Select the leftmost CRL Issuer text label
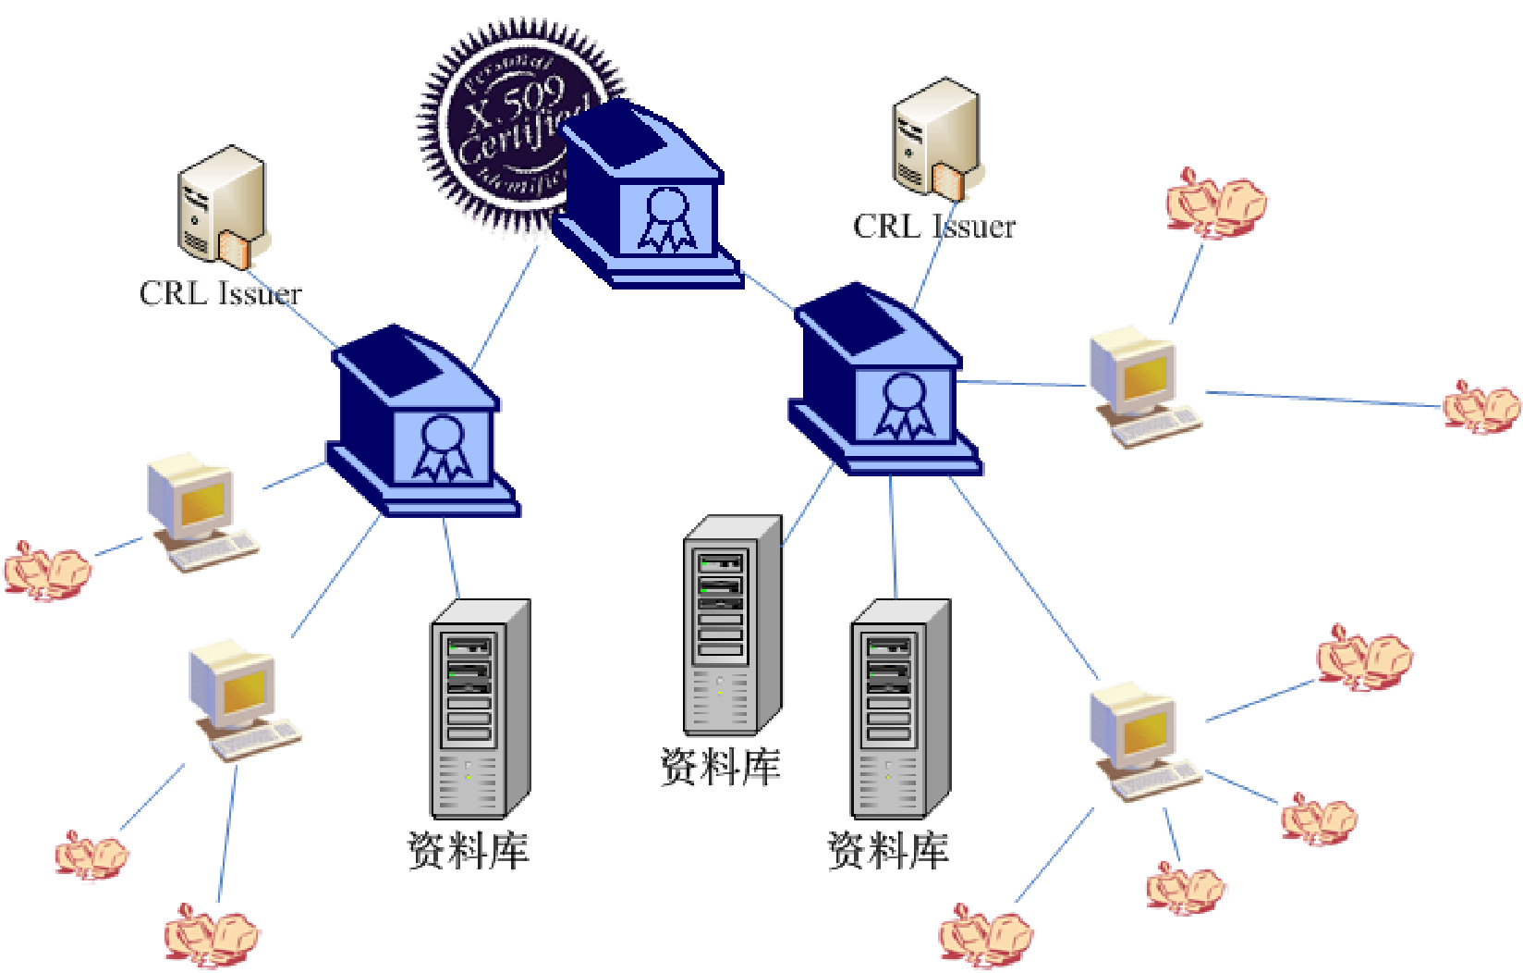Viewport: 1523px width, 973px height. pyautogui.click(x=220, y=293)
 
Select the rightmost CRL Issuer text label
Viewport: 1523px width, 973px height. pyautogui.click(x=933, y=227)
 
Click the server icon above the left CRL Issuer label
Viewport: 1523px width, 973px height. pyautogui.click(x=222, y=204)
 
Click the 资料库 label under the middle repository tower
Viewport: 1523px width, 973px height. pyautogui.click(x=720, y=767)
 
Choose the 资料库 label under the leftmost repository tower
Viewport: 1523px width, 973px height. pyautogui.click(x=469, y=850)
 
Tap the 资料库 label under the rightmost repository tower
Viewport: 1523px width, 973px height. pyautogui.click(x=887, y=850)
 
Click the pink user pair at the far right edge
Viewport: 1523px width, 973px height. pyautogui.click(x=1481, y=406)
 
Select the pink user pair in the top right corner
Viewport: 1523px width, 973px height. pyautogui.click(x=1215, y=203)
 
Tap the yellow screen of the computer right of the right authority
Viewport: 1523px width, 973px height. pyautogui.click(x=1145, y=376)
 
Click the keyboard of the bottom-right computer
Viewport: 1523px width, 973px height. pyautogui.click(x=1156, y=782)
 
